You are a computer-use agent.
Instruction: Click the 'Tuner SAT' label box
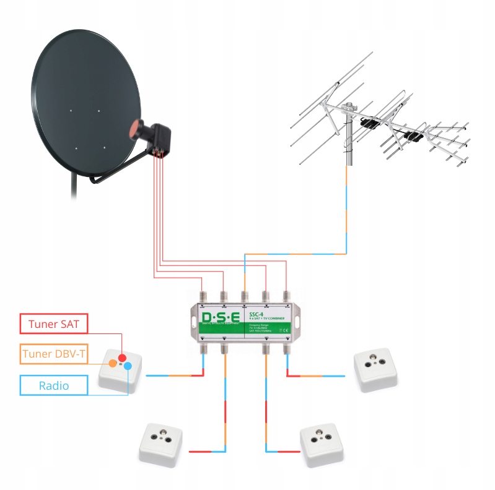55,323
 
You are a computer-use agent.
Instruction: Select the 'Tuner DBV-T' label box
55,355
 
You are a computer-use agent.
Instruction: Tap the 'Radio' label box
55,385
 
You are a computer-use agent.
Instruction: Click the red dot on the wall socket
123,358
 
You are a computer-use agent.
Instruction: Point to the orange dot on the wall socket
113,363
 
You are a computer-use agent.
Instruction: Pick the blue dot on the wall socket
128,366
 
